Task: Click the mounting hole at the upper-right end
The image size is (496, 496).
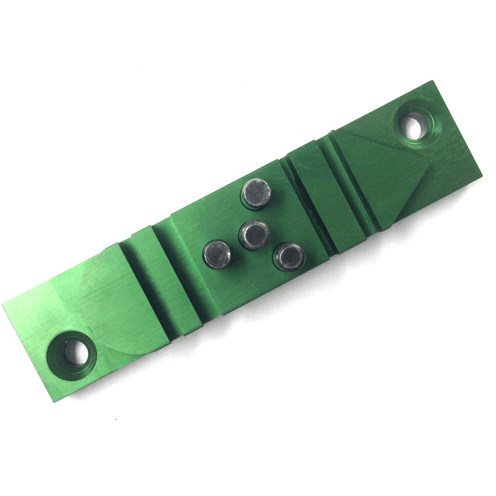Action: [414, 125]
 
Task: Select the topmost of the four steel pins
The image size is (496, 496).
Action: [256, 193]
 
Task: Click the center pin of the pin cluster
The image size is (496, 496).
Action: [254, 234]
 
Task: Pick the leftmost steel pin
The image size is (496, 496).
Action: [218, 254]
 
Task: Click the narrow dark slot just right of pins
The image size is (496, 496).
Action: [305, 207]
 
